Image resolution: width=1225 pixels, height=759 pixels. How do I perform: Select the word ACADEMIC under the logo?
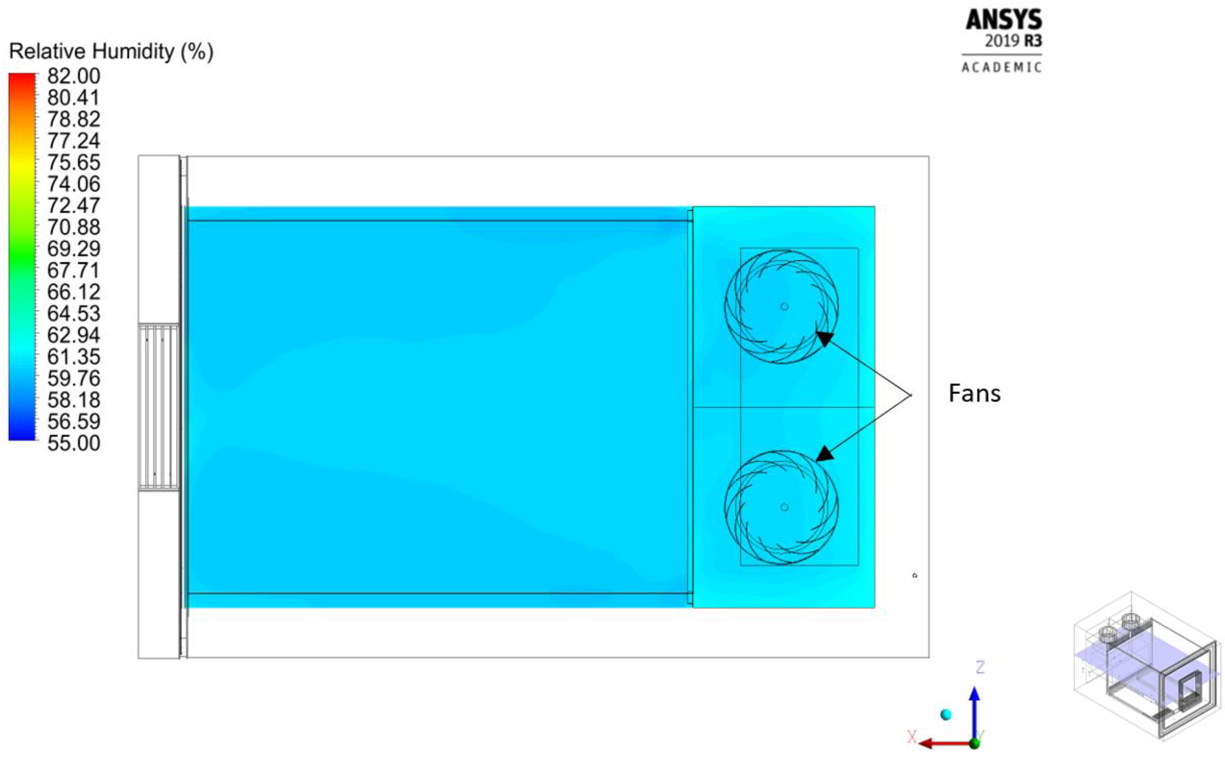pyautogui.click(x=1002, y=67)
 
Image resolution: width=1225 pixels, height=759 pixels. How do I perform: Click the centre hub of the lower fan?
pyautogui.click(x=784, y=507)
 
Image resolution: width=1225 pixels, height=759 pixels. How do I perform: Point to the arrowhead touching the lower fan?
pyautogui.click(x=824, y=454)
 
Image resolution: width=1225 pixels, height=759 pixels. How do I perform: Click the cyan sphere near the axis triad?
pyautogui.click(x=946, y=714)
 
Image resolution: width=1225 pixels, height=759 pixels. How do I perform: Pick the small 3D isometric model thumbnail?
pyautogui.click(x=1145, y=673)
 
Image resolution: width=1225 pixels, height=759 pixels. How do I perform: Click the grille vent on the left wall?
pyautogui.click(x=159, y=407)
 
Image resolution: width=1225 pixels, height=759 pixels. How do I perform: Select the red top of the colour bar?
pyautogui.click(x=22, y=80)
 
